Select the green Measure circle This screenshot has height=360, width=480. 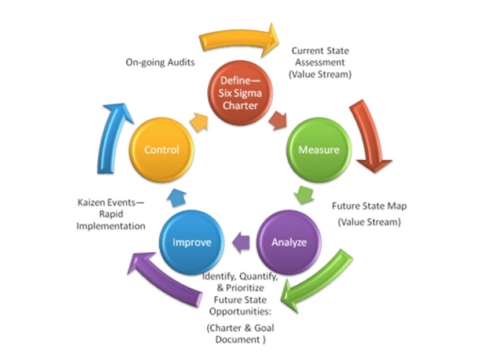click(x=318, y=150)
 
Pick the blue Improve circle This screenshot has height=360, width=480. click(x=190, y=242)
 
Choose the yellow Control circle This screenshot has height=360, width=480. click(x=162, y=150)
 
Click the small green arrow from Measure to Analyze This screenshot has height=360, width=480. click(x=304, y=194)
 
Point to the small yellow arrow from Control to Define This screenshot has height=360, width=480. click(x=199, y=121)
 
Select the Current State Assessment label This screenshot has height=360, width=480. click(x=320, y=63)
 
